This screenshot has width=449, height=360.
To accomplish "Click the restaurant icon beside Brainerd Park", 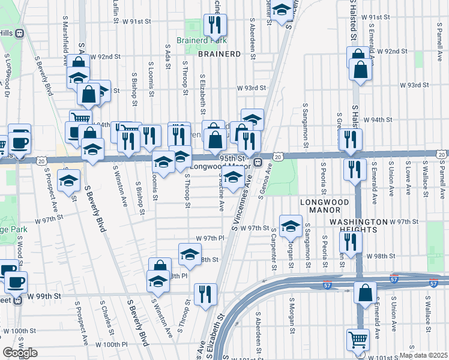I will tap(213, 25).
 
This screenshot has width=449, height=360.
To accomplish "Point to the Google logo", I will tap(19, 353).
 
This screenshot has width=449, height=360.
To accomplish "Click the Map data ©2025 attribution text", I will tap(423, 355).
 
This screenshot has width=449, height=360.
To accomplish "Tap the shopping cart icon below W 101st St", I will tap(358, 340).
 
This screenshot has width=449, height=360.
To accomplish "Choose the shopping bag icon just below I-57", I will tap(365, 294).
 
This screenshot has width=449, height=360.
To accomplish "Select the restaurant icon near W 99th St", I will tap(206, 294).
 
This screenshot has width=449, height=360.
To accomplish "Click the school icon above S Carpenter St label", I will tap(291, 225).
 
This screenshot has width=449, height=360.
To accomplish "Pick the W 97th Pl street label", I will tap(209, 238).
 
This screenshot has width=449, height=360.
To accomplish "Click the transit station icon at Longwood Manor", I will tap(258, 163).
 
